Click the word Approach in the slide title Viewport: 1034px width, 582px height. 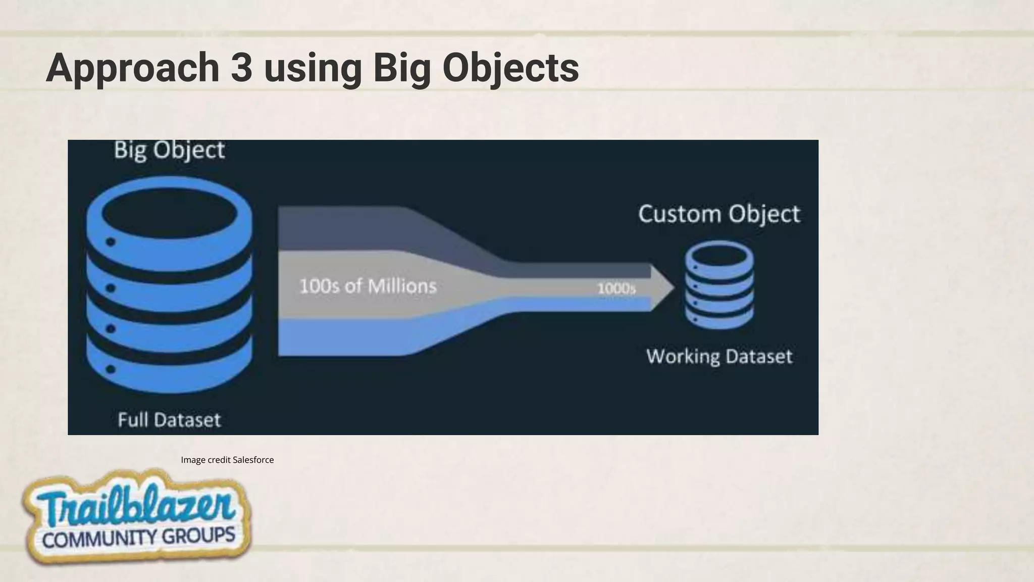coord(132,68)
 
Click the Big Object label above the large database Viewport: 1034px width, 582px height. coord(169,151)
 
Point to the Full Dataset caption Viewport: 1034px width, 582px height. coord(169,420)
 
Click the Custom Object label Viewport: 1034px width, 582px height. coord(719,214)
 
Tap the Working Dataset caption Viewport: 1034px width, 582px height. coord(719,357)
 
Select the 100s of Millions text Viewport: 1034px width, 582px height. coord(368,286)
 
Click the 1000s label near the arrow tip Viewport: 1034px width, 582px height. coord(616,288)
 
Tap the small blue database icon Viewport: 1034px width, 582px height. coord(719,285)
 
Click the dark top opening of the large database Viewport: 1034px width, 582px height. coord(169,213)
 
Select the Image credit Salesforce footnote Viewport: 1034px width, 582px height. coord(227,460)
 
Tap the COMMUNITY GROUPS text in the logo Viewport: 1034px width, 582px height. coord(138,537)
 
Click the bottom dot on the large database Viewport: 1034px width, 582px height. coord(111,369)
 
